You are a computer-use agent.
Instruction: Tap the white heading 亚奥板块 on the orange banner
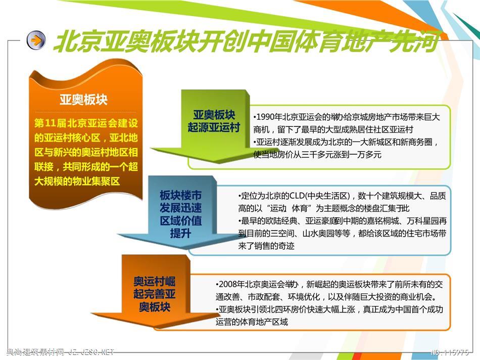(x=83, y=99)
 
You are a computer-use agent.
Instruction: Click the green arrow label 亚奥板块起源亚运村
(x=214, y=121)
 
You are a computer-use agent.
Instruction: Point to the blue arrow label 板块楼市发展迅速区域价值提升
(x=180, y=214)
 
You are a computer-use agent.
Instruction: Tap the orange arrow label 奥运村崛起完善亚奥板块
(x=154, y=294)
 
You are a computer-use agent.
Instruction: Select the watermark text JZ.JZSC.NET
(x=91, y=352)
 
